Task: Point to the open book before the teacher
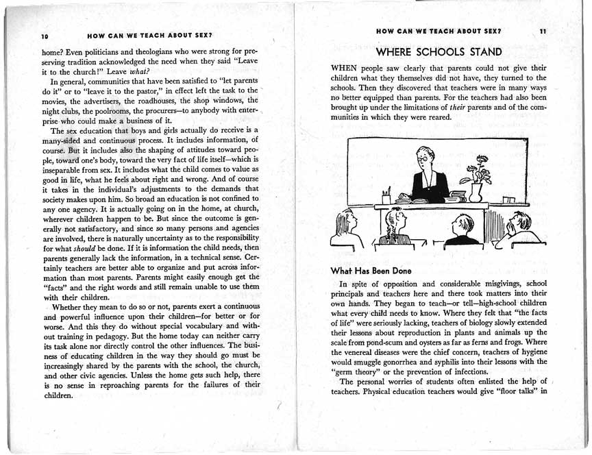[x=419, y=199]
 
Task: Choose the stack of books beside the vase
[x=454, y=198]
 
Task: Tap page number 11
[x=543, y=32]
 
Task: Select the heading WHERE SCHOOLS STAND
[x=439, y=52]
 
